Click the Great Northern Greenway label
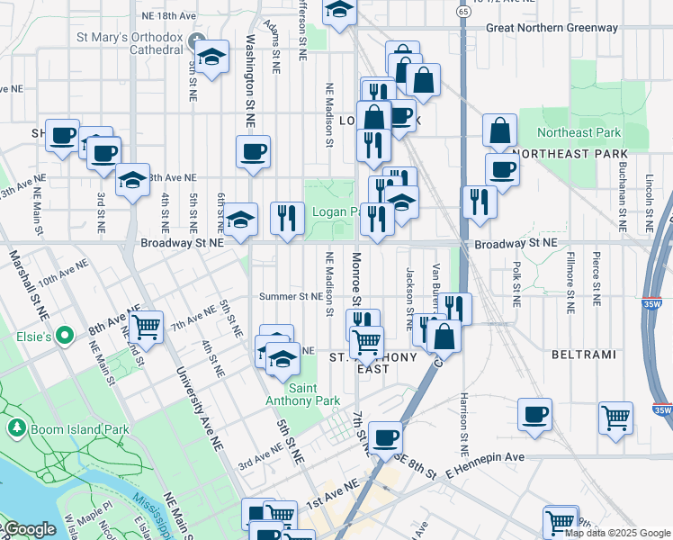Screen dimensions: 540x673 pos(552,28)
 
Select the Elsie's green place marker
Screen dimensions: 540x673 pos(64,337)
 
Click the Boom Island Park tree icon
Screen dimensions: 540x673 pos(15,425)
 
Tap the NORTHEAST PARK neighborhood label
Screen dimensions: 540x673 pos(582,154)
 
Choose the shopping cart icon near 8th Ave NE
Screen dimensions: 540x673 pos(145,327)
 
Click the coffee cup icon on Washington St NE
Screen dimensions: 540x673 pos(254,150)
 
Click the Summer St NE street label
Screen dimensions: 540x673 pos(290,295)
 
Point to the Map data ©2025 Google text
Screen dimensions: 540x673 pos(618,533)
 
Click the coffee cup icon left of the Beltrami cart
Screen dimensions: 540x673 pos(535,413)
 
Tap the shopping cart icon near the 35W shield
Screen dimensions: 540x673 pos(615,416)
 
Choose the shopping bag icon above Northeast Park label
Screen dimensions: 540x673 pos(499,130)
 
